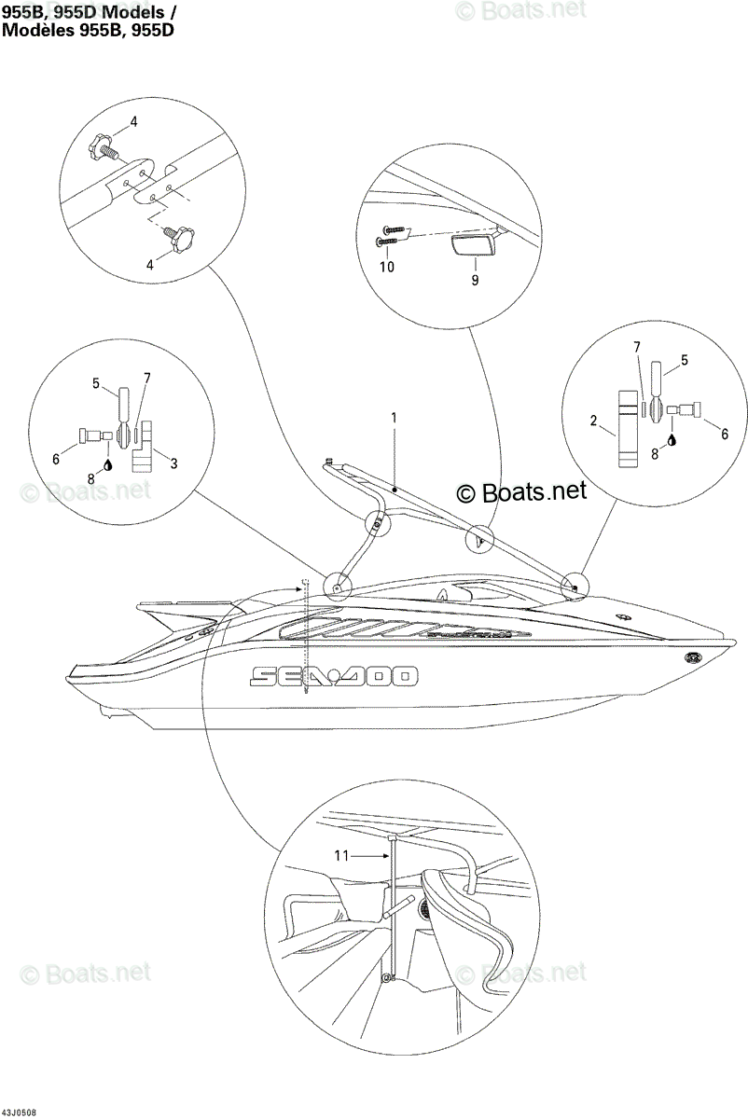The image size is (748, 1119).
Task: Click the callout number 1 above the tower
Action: tap(394, 418)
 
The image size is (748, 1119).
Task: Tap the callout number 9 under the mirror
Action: tap(475, 281)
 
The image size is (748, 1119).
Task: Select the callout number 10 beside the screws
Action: tap(387, 267)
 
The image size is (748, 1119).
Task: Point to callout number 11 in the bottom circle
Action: tap(341, 856)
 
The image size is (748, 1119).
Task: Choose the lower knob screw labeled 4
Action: tap(179, 239)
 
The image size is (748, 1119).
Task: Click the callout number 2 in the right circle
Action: tap(593, 421)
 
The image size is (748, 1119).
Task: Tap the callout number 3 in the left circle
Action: tap(173, 463)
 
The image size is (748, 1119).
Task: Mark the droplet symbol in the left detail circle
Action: tap(107, 465)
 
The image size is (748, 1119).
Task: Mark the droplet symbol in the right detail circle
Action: tap(672, 440)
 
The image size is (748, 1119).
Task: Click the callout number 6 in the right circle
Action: tap(725, 435)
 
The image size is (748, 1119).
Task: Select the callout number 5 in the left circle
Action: tap(96, 383)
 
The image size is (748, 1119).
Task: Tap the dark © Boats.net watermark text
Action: tap(521, 492)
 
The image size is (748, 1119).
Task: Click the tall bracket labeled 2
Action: tap(628, 429)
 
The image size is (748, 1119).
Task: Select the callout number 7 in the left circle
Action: tap(147, 379)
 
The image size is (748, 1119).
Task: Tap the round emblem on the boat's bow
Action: tap(694, 657)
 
